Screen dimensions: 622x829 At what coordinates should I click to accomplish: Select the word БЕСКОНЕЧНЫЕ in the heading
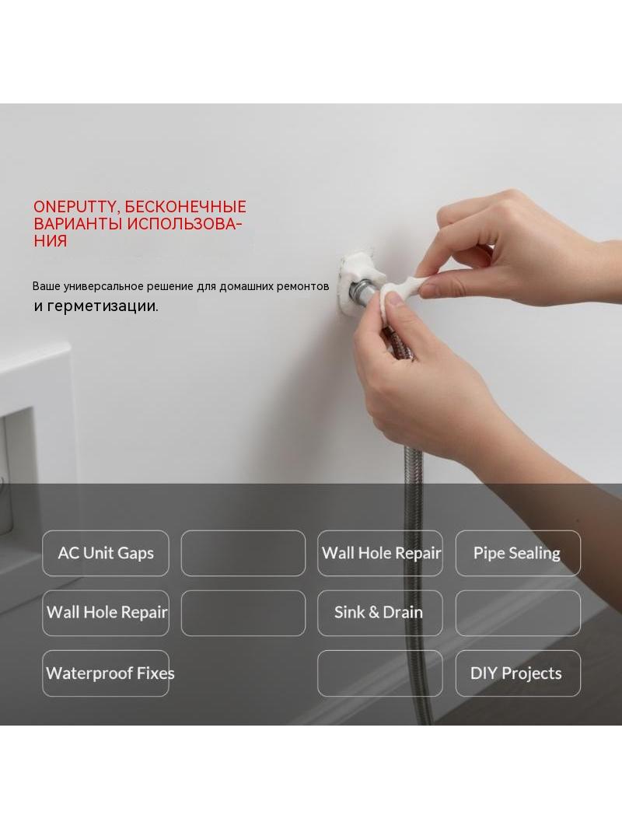pos(186,207)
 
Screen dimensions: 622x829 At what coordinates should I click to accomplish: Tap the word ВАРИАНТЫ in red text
pos(79,224)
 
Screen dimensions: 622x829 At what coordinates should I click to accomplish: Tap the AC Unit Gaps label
pos(106,553)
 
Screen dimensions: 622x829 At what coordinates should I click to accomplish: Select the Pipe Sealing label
pos(517,554)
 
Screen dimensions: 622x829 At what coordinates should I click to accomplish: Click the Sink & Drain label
pos(379,612)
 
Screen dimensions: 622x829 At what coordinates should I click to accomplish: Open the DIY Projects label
pos(516,673)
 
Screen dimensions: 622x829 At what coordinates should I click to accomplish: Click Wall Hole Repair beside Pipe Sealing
pos(381,553)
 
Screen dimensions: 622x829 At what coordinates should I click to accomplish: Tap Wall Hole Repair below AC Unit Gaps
pos(107,612)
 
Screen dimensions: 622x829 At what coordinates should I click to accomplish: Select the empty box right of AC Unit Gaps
pos(243,553)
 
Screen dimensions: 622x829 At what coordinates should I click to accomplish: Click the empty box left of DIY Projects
pos(380,673)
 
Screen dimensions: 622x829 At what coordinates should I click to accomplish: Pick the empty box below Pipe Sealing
pos(518,613)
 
